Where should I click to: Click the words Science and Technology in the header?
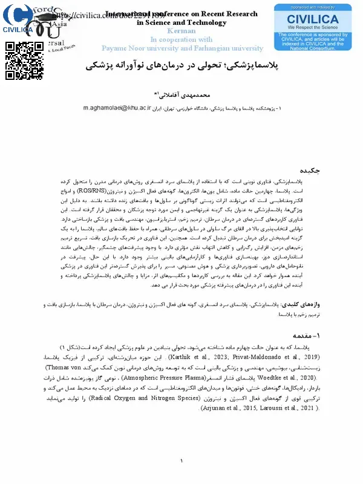click(x=181, y=22)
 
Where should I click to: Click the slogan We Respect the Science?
click(x=312, y=27)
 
